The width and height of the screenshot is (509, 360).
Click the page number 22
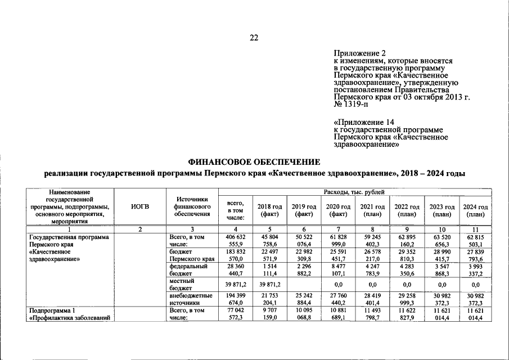(254, 38)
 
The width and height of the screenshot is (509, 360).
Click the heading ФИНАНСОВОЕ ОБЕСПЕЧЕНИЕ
(255, 161)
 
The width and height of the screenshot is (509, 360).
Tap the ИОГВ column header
(140, 207)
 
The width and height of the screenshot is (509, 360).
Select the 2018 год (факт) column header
(266, 210)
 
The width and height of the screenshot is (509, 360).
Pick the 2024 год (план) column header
(476, 210)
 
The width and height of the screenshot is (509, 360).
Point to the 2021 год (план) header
(371, 210)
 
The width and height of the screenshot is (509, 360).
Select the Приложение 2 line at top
(357, 53)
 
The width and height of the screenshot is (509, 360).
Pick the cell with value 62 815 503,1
(476, 241)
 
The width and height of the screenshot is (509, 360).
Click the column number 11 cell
(476, 229)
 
